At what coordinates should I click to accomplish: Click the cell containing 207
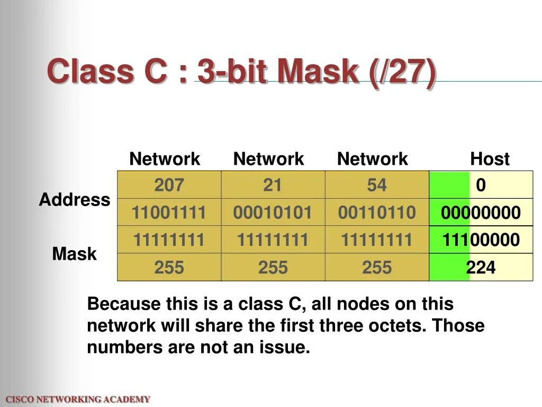[169, 185]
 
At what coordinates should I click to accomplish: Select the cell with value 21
[273, 185]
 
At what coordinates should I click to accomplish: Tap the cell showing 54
[377, 185]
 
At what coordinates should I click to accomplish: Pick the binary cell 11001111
[169, 213]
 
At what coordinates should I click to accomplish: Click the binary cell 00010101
[273, 213]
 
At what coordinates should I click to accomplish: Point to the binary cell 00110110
[377, 213]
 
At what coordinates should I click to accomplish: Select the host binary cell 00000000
[481, 213]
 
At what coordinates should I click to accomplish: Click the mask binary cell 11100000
[481, 241]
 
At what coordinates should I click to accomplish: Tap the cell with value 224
[481, 268]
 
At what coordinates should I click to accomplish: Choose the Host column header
[490, 159]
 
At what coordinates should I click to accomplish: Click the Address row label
[75, 200]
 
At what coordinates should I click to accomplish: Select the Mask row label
[75, 254]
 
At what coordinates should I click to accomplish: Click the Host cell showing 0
[481, 185]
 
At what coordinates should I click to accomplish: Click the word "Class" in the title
[91, 72]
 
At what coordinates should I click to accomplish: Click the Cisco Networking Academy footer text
[78, 399]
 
